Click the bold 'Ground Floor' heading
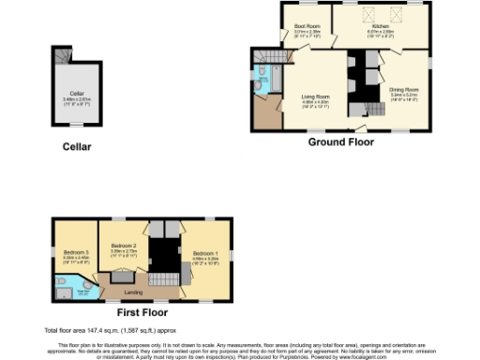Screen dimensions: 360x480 341,142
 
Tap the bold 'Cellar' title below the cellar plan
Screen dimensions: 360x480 76,146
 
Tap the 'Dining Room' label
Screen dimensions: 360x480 404,90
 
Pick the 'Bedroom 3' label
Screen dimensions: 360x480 76,253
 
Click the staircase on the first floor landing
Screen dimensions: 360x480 165,280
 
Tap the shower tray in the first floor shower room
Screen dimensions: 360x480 61,292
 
